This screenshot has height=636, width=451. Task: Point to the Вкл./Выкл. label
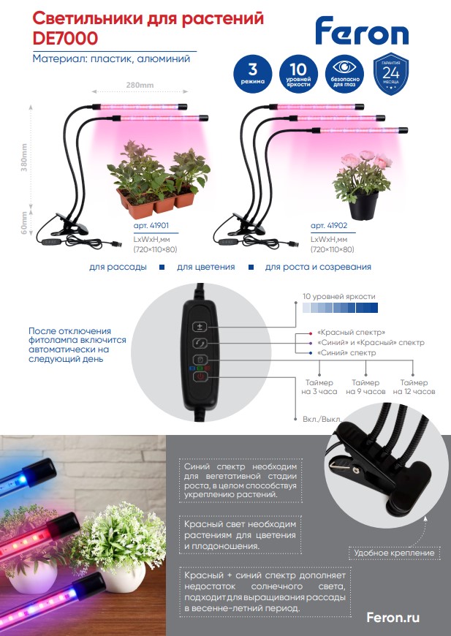pos(322,420)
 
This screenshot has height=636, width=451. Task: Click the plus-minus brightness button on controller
pos(199,327)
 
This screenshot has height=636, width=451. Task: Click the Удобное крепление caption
pos(395,553)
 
